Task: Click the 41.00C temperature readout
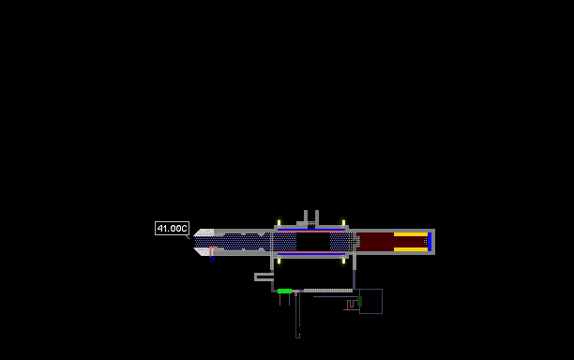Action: click(x=172, y=229)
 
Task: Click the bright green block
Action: click(x=284, y=292)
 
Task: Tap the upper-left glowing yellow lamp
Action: click(x=279, y=223)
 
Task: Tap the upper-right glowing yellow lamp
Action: click(x=343, y=223)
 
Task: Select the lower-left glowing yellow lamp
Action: click(x=279, y=261)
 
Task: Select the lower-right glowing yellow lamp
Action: click(x=343, y=261)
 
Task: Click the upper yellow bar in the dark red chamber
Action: click(x=411, y=234)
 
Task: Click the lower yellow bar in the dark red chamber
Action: click(x=411, y=249)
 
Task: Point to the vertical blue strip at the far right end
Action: click(x=430, y=242)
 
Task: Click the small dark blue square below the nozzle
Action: click(x=212, y=260)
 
